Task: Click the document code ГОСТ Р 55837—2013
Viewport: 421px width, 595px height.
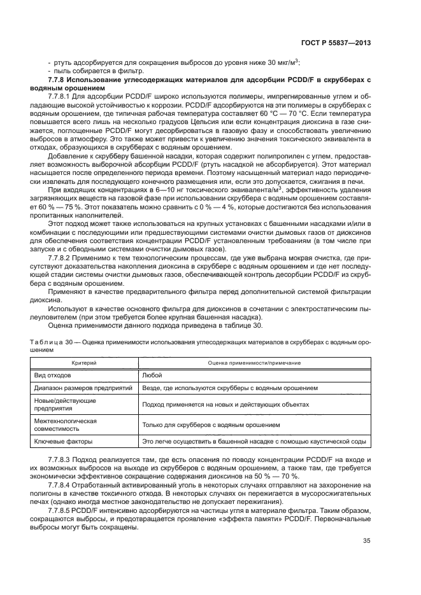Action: (x=337, y=43)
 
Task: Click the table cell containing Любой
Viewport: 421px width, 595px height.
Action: (x=151, y=375)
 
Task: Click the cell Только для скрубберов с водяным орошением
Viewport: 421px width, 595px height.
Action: (x=210, y=424)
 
